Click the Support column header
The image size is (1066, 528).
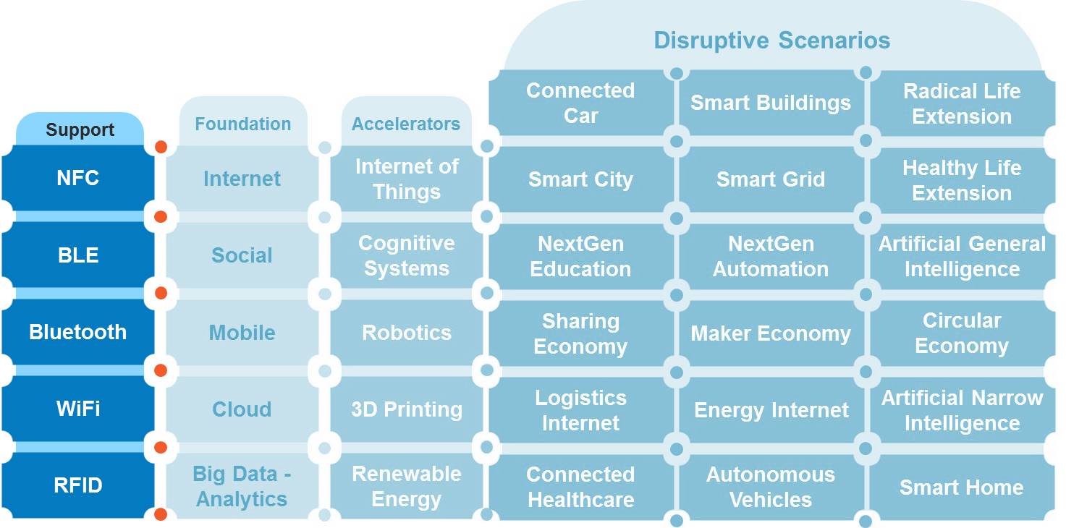click(80, 130)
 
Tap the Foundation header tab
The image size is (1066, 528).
click(242, 124)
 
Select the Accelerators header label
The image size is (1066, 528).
click(406, 124)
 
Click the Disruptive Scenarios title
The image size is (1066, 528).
click(771, 40)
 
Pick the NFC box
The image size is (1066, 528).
click(77, 178)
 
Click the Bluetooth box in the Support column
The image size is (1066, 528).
click(77, 332)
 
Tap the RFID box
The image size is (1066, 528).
click(77, 485)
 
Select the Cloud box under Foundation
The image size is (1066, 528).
click(242, 409)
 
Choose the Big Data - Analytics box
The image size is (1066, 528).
click(242, 487)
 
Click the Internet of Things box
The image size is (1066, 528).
click(406, 179)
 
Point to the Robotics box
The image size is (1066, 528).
click(406, 333)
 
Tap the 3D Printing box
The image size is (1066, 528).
click(406, 409)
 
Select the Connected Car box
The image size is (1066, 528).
click(580, 103)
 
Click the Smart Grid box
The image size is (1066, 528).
click(770, 179)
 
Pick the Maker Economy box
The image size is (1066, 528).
click(770, 333)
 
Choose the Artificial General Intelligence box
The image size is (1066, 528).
click(962, 256)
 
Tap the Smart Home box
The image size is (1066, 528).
click(961, 487)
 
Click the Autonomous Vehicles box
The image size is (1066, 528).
click(770, 487)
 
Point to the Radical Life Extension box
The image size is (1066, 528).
click(962, 103)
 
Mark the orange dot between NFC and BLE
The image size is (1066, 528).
click(161, 217)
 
